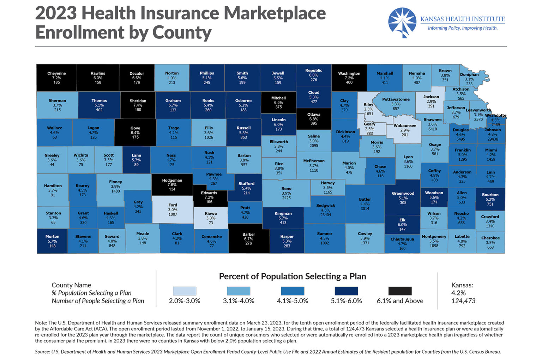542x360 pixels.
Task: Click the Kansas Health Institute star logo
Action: click(402, 22)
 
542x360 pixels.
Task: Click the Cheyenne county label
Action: click(56, 74)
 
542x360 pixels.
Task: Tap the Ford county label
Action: click(173, 205)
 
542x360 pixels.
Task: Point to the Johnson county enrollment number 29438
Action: click(493, 139)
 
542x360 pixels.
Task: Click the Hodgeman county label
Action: click(172, 181)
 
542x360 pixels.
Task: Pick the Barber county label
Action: click(248, 234)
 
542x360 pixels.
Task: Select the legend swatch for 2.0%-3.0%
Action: click(184, 291)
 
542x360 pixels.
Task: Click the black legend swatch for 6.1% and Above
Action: click(400, 291)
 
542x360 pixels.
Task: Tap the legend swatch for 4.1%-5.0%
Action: click(293, 291)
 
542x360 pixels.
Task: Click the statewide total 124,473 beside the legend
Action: click(463, 301)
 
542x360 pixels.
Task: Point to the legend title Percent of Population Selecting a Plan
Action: click(292, 276)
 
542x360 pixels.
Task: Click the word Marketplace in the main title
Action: click(275, 13)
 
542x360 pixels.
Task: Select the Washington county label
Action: click(349, 74)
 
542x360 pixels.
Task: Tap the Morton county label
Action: click(52, 237)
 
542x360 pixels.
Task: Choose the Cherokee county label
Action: click(490, 238)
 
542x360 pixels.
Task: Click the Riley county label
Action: click(368, 105)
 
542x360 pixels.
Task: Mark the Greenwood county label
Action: click(403, 194)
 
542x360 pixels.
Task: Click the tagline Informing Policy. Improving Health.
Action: click(462, 28)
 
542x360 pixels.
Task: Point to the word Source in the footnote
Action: click(42, 352)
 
